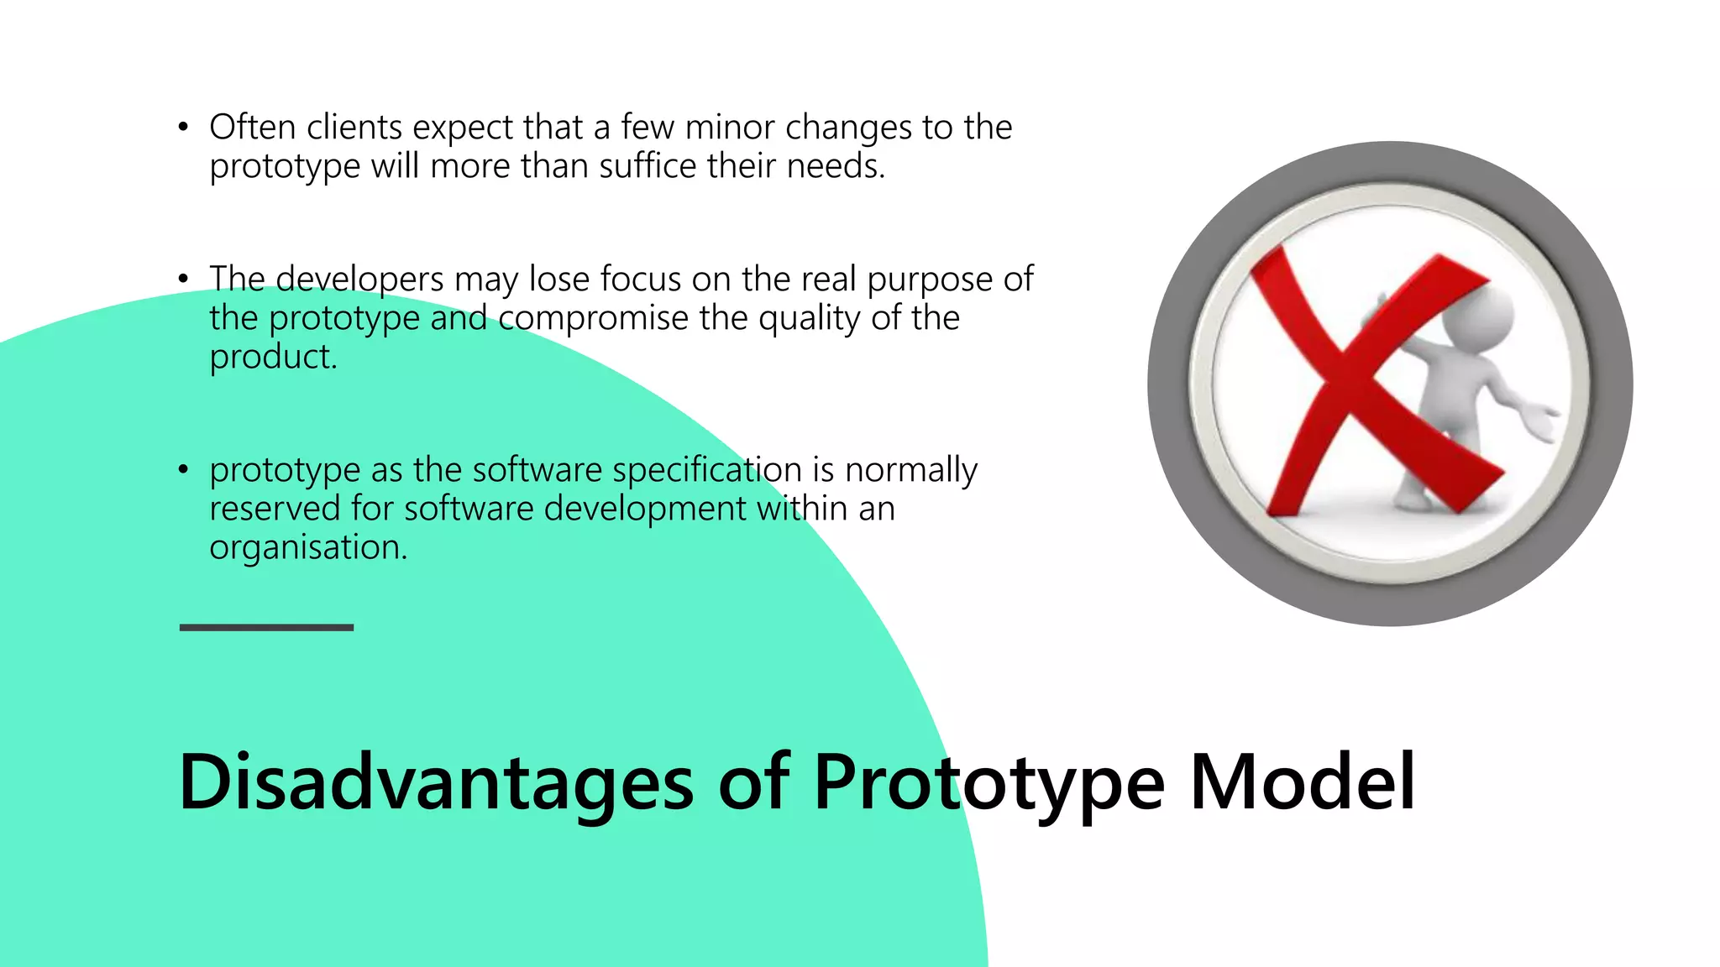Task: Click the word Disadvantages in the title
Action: (x=436, y=782)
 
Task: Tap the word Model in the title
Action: (x=1303, y=782)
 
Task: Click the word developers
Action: (x=359, y=280)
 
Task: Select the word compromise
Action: (x=593, y=319)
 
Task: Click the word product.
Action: (x=272, y=358)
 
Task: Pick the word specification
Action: (x=707, y=470)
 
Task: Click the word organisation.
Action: (x=307, y=547)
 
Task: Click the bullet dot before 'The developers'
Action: (x=183, y=280)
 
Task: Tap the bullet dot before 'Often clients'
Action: (x=183, y=128)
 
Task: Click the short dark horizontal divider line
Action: (x=266, y=627)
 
